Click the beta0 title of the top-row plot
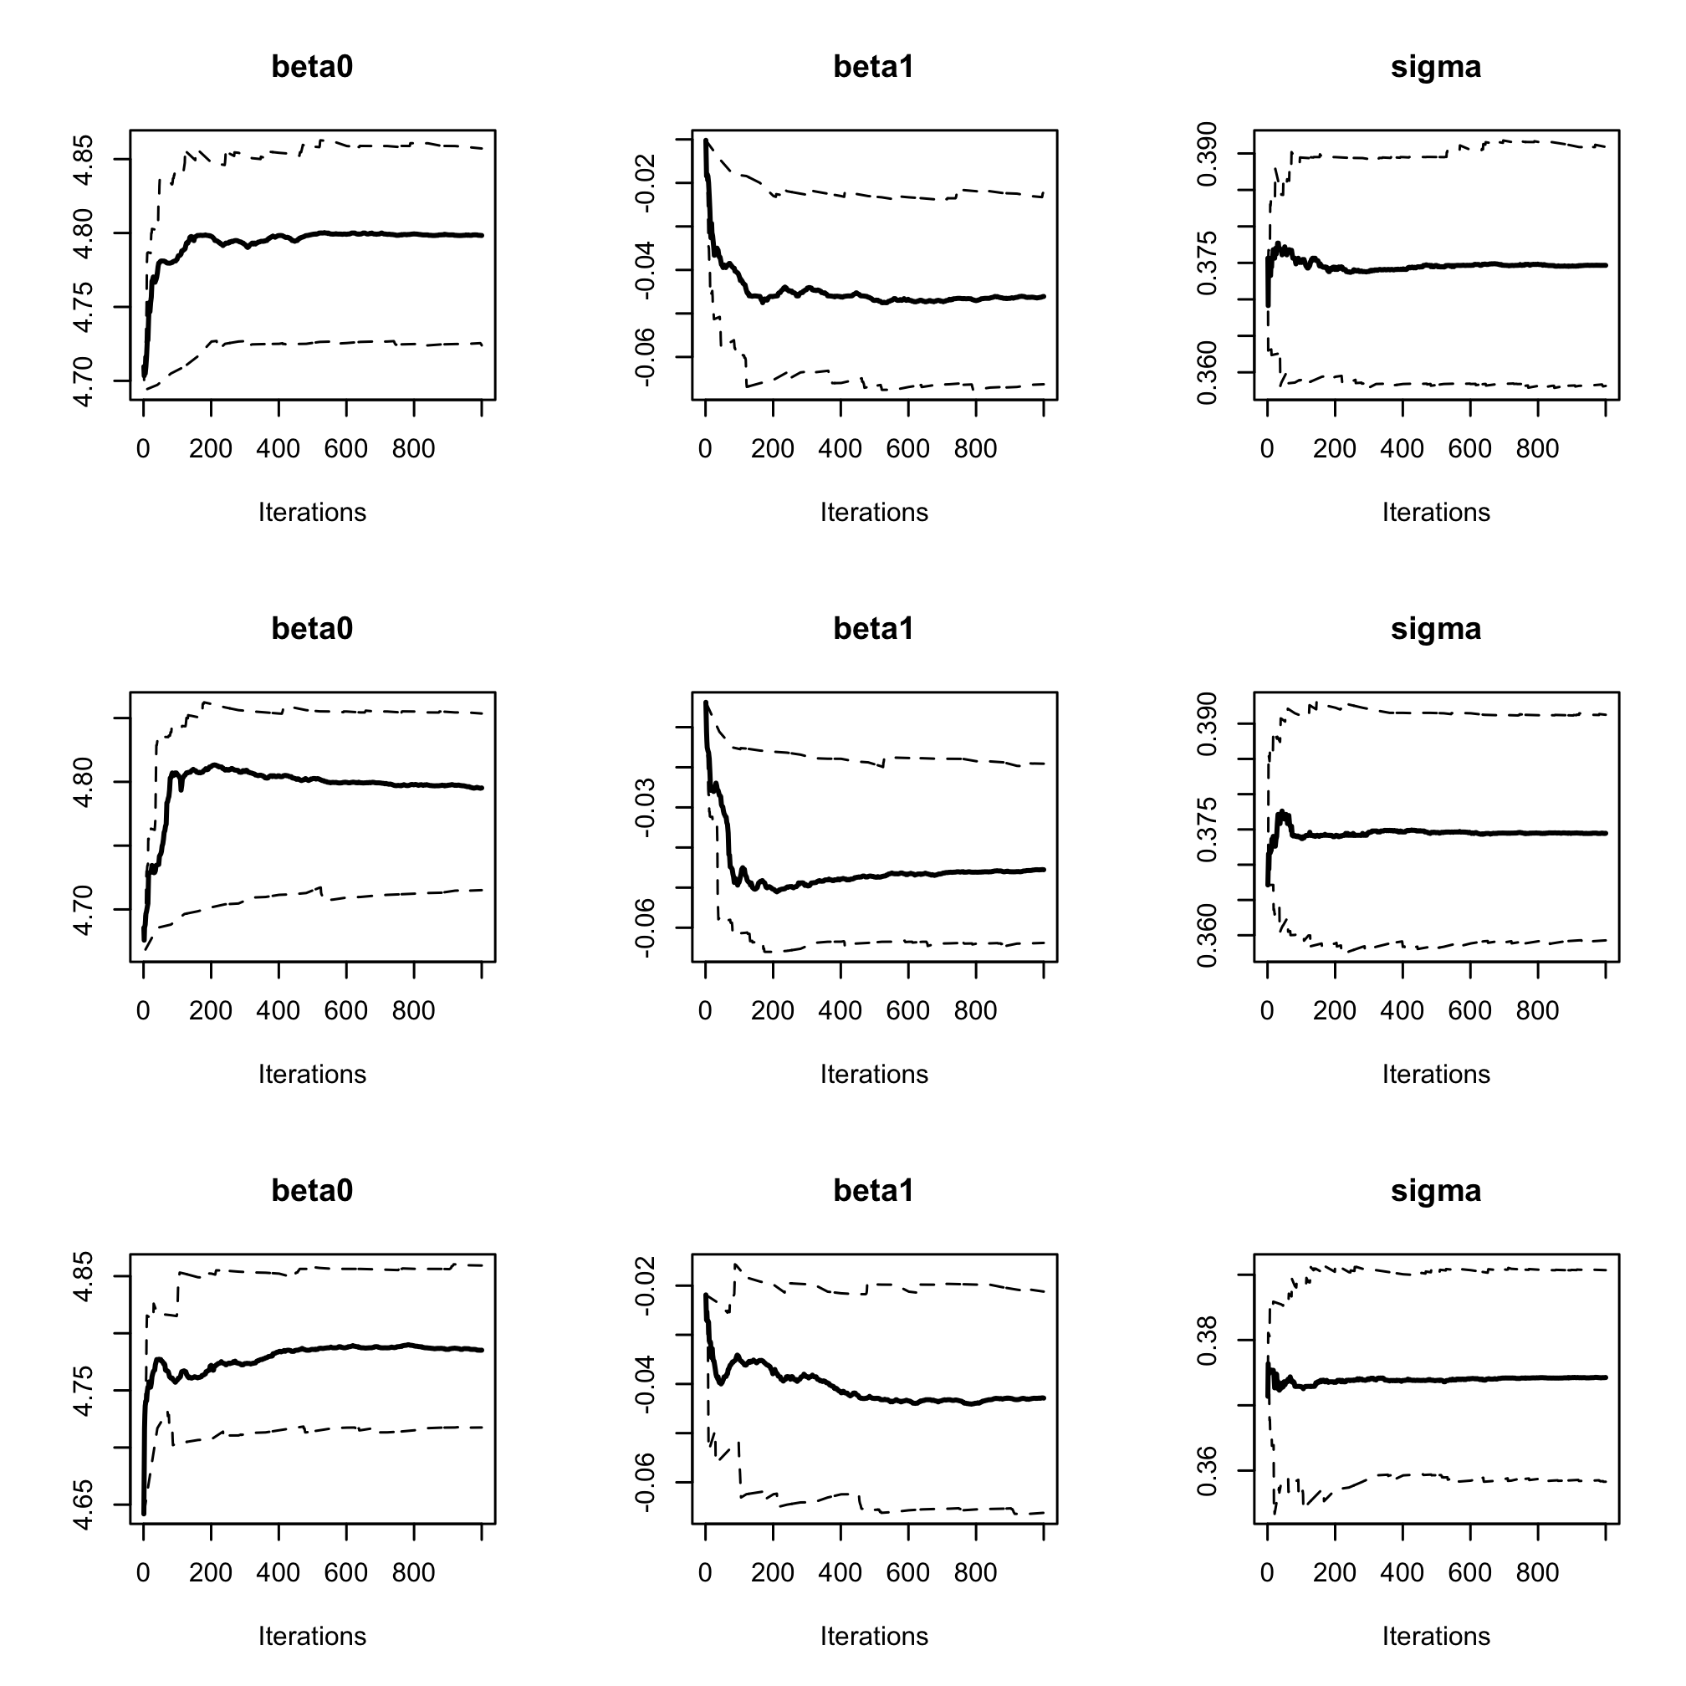click(312, 67)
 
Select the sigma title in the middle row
click(1436, 628)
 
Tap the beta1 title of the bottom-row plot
click(874, 1190)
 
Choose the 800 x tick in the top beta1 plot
click(975, 449)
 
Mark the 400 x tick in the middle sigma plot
click(1402, 1010)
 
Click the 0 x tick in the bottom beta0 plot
click(143, 1572)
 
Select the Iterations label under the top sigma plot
click(1436, 513)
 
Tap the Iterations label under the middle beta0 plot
click(312, 1075)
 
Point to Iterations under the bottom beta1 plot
click(874, 1637)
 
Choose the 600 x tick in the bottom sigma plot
click(1469, 1572)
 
